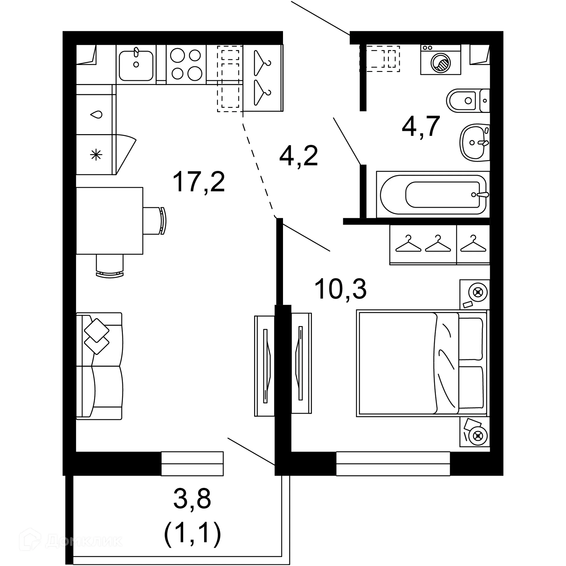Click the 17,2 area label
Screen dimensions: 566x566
click(x=199, y=182)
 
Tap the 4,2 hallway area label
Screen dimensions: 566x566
click(x=298, y=156)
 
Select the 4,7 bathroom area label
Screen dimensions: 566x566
click(x=421, y=126)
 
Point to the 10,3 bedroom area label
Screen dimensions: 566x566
click(x=340, y=289)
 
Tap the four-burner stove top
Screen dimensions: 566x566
click(x=186, y=65)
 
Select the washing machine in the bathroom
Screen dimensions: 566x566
click(x=440, y=60)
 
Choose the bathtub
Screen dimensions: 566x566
click(x=432, y=195)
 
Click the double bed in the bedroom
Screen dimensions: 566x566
click(x=422, y=363)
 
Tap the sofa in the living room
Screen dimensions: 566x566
click(x=99, y=366)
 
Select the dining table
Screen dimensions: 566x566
click(x=109, y=221)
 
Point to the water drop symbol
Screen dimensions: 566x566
click(x=96, y=114)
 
